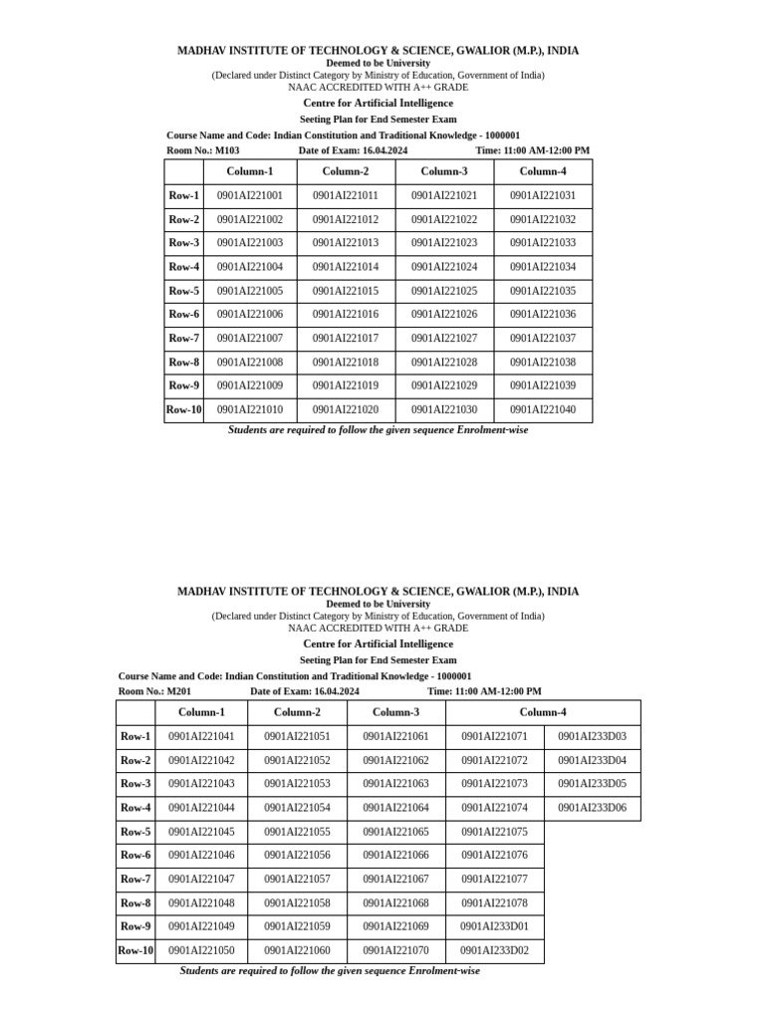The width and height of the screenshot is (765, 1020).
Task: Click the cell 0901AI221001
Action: (x=249, y=196)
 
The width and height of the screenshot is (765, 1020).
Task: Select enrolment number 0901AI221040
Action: (x=543, y=409)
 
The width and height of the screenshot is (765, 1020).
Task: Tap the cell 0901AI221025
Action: (x=444, y=291)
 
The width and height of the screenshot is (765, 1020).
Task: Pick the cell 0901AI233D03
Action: (x=592, y=737)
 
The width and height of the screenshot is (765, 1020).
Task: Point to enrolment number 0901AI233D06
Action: (x=592, y=808)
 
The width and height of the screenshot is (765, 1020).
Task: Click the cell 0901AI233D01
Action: (x=494, y=926)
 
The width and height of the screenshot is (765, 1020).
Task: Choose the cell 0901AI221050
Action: (x=201, y=950)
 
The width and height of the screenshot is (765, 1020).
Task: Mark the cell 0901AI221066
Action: (x=395, y=856)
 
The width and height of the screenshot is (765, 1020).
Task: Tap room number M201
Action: (x=179, y=691)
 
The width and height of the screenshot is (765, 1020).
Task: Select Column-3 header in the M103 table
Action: (x=444, y=171)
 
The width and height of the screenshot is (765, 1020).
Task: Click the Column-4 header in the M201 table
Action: (x=543, y=712)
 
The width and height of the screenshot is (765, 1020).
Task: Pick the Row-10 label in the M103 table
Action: (x=184, y=409)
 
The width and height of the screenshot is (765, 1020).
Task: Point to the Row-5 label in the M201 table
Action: (x=135, y=832)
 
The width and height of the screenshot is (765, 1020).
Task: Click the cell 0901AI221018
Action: (x=346, y=363)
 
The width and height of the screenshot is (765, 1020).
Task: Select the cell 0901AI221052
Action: (x=297, y=761)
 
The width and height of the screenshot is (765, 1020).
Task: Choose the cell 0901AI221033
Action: (x=543, y=243)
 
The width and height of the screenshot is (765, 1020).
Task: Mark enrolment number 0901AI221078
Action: (x=494, y=903)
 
